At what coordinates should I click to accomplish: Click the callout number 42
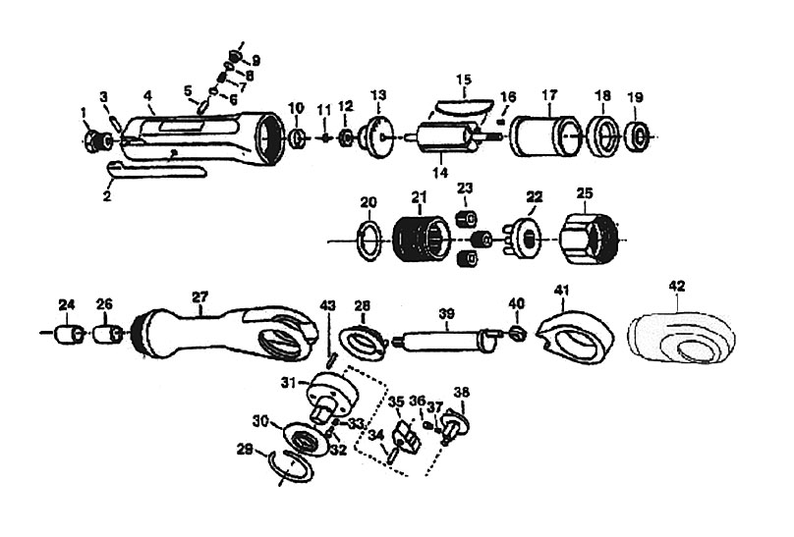[677, 286]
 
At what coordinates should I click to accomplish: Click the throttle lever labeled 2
[153, 173]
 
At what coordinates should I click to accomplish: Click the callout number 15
[464, 78]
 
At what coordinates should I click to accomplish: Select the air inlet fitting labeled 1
[96, 141]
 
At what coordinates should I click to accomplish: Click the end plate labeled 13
[379, 135]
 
